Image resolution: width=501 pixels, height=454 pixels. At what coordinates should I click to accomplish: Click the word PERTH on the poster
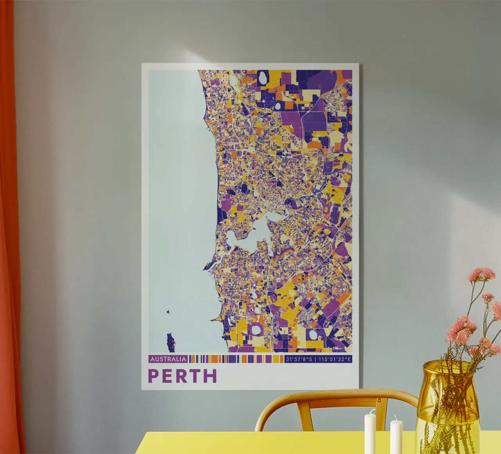182,376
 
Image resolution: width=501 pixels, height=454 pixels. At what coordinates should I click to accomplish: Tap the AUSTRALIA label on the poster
168,359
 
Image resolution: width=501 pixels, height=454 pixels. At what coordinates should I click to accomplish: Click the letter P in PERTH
153,376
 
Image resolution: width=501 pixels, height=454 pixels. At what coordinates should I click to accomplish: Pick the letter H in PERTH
210,376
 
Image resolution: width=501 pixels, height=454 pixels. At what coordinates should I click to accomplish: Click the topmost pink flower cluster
481,274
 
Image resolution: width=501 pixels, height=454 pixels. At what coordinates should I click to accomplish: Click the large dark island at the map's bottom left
170,342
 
